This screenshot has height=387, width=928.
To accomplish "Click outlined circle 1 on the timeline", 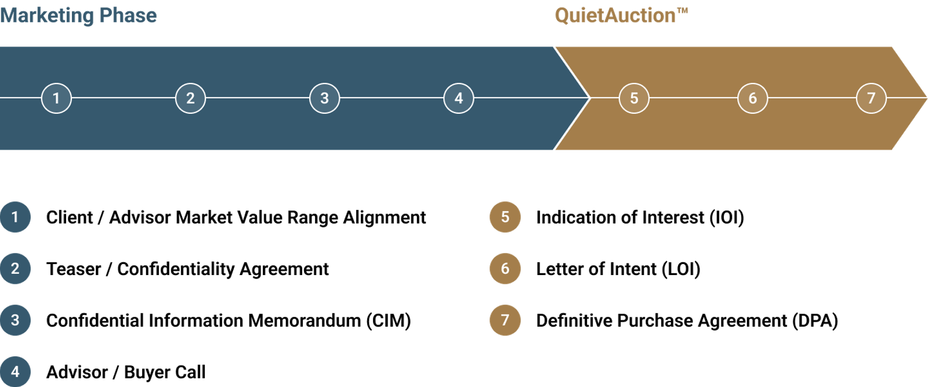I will [56, 98].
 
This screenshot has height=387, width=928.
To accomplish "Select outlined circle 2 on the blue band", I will [190, 98].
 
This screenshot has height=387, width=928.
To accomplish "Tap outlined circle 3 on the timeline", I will [324, 98].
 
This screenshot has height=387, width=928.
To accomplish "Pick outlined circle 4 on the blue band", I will [459, 98].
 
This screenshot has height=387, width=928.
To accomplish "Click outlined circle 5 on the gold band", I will [634, 98].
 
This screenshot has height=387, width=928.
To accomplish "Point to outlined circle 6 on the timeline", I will [752, 98].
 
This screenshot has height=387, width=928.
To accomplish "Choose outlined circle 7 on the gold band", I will [871, 98].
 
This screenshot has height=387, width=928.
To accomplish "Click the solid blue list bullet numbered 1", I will [15, 217].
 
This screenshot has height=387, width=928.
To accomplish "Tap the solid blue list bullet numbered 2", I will [15, 269].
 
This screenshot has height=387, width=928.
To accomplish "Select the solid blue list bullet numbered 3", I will [15, 320].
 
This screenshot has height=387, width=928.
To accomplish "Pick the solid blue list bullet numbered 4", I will [15, 371].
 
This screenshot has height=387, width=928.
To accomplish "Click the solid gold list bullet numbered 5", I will [505, 217].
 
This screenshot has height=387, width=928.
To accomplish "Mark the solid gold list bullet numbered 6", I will [505, 269].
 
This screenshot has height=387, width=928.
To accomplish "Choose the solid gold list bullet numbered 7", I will [505, 320].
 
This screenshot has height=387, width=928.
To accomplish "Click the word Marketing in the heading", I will [47, 16].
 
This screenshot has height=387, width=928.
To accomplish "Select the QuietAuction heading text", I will [615, 16].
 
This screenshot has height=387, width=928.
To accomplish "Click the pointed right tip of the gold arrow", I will [925, 97].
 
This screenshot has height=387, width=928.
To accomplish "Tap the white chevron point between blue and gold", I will [589, 98].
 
